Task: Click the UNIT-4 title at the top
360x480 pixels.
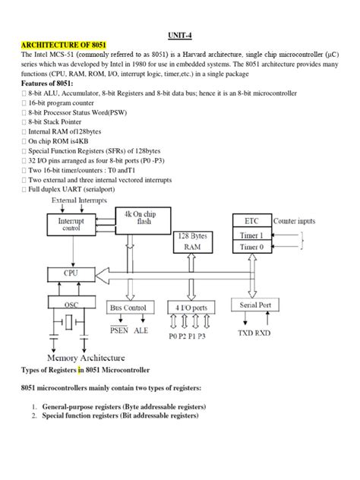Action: pos(179,35)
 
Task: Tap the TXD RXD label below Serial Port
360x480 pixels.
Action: pos(255,333)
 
